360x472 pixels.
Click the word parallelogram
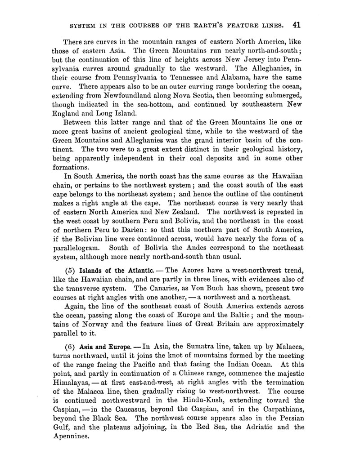click(x=76, y=248)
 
